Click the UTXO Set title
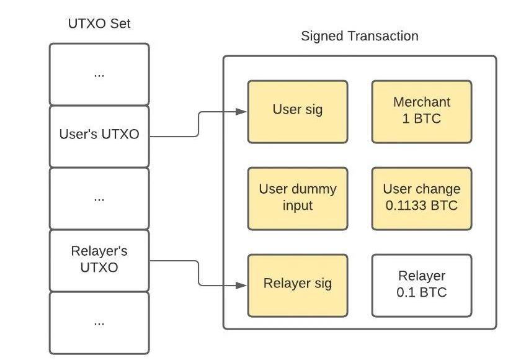pyautogui.click(x=99, y=24)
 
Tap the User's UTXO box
pyautogui.click(x=99, y=135)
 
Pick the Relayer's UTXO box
pyautogui.click(x=99, y=260)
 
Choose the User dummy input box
pyautogui.click(x=297, y=197)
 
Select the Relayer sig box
pyautogui.click(x=297, y=284)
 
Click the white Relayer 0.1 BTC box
pyautogui.click(x=421, y=284)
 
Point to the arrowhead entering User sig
pyautogui.click(x=243, y=112)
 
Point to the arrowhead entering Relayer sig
pyautogui.click(x=243, y=285)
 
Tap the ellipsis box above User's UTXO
pyautogui.click(x=99, y=74)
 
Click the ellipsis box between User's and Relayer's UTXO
pyautogui.click(x=99, y=198)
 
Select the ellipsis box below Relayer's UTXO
pyautogui.click(x=99, y=322)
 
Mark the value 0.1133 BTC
pyautogui.click(x=421, y=205)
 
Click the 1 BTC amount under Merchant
pyautogui.click(x=421, y=119)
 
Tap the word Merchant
pyautogui.click(x=421, y=102)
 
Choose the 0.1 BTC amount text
pyautogui.click(x=421, y=292)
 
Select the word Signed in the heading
pyautogui.click(x=321, y=36)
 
